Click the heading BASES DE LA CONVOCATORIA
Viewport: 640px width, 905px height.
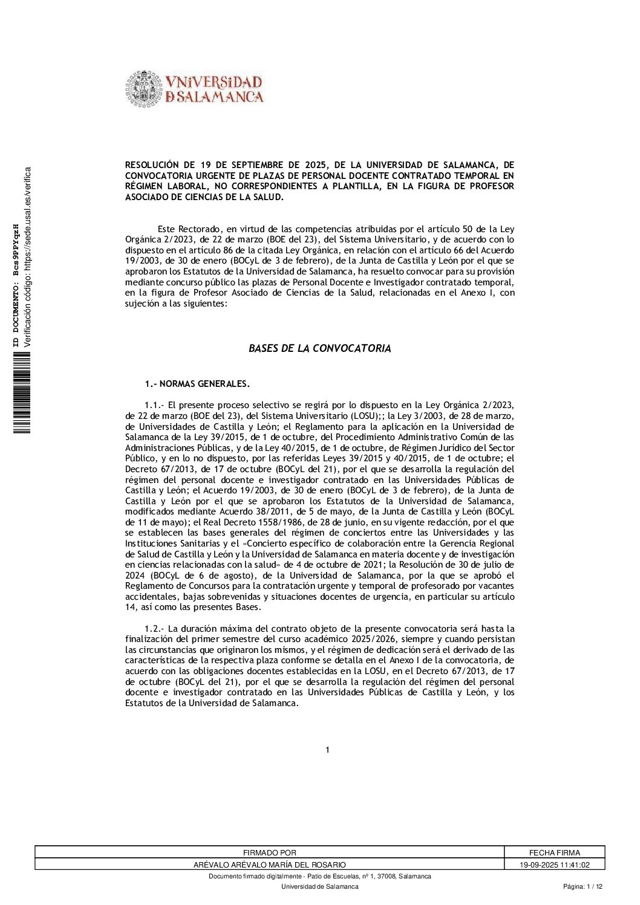(x=319, y=349)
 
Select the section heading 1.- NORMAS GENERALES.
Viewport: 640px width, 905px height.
(x=197, y=384)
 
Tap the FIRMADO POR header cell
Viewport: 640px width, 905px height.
(x=269, y=852)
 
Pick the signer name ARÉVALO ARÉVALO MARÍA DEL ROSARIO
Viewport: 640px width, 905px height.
(x=269, y=865)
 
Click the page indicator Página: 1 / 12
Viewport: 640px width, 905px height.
(x=583, y=886)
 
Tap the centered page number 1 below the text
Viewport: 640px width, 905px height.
(x=327, y=750)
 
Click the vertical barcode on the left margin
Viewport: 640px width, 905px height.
(x=17, y=395)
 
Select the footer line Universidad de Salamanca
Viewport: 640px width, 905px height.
(x=319, y=886)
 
